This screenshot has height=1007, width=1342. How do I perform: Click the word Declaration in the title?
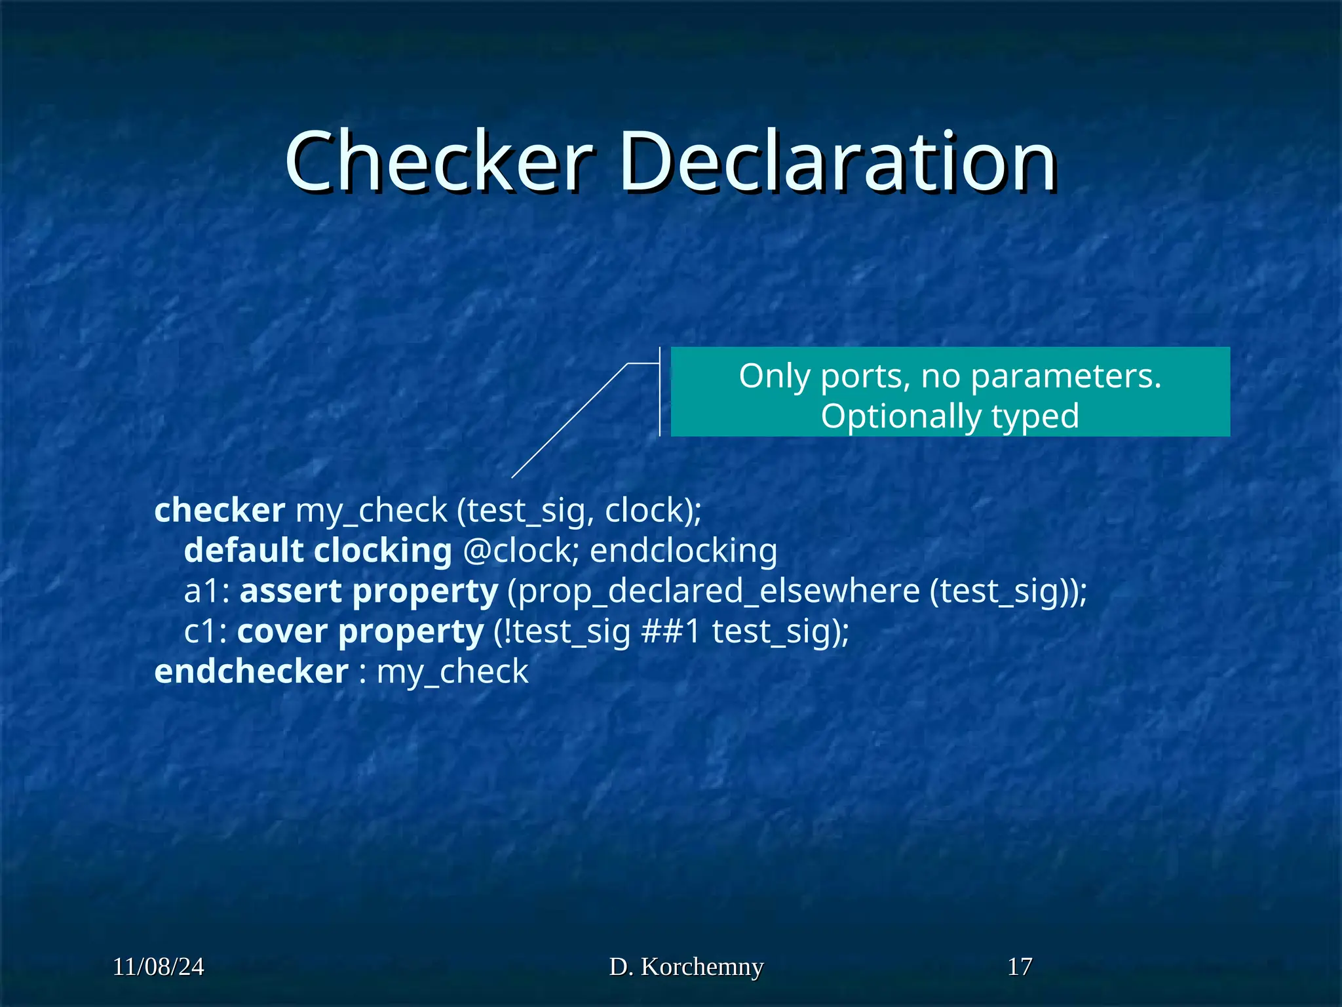click(838, 161)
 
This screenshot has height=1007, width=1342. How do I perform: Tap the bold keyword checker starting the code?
click(220, 510)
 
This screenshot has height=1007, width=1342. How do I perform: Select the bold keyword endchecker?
click(252, 671)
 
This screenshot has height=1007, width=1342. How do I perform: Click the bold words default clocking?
click(318, 551)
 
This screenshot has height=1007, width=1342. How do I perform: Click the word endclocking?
click(683, 551)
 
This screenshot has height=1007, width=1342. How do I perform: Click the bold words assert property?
click(369, 591)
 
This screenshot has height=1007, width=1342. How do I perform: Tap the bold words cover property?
click(360, 631)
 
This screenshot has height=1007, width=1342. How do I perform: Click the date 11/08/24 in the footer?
click(159, 966)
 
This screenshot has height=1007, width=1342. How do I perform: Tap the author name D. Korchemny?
click(686, 966)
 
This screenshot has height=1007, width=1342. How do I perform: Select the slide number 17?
click(1020, 966)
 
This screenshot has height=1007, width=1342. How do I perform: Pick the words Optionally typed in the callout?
click(949, 416)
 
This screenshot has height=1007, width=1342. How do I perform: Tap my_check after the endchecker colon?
click(452, 671)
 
